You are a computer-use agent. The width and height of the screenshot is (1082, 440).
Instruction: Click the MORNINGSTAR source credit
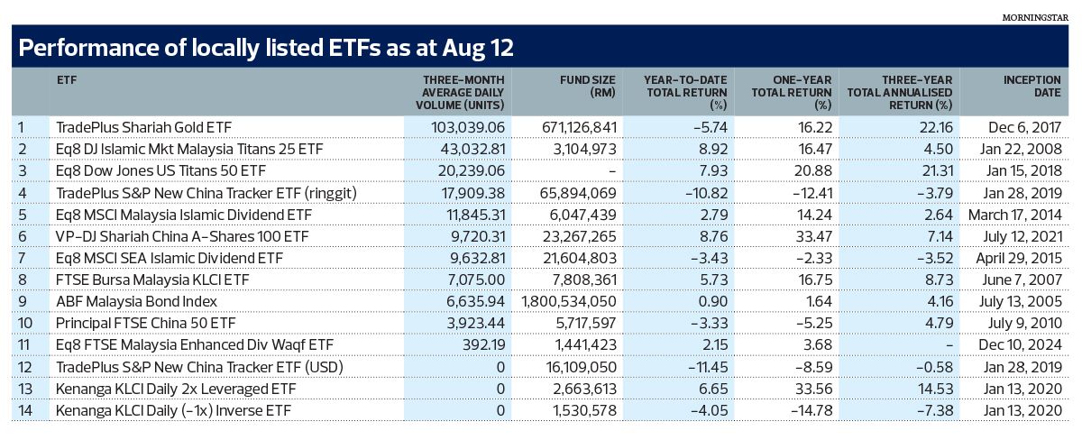pos(1035,17)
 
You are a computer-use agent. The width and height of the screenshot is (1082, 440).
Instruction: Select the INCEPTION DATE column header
pos(1032,86)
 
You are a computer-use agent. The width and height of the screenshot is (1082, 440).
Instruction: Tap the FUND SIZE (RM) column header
pos(587,86)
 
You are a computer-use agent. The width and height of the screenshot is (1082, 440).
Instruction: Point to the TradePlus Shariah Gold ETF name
pos(144,127)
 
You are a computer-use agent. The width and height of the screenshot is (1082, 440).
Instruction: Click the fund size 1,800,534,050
pos(569,301)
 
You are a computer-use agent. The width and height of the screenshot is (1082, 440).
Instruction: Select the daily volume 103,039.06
pos(468,127)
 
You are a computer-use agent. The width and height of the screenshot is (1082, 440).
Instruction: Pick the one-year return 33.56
pos(815,389)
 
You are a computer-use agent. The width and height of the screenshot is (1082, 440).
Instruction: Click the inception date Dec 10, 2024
pos(1020,344)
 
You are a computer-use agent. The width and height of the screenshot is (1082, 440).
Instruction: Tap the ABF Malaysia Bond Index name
pos(137,301)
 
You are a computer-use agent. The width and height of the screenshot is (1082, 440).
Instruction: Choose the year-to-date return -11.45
pos(708,367)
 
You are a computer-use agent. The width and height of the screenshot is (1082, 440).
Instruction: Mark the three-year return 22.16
pos(937,127)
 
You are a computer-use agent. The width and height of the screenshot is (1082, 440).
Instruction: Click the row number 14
pos(25,410)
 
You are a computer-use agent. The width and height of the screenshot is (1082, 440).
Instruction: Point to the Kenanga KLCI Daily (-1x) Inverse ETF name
pos(173,410)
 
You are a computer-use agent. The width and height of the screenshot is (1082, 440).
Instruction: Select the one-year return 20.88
pos(814,170)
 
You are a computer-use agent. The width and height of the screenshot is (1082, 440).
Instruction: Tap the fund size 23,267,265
pos(579,236)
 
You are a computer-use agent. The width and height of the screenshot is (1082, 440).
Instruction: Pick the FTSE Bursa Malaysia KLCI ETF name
pos(152,280)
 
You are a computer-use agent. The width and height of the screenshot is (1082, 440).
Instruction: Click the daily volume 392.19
pos(483,344)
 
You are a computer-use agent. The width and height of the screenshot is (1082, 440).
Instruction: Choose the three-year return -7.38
pos(935,410)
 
